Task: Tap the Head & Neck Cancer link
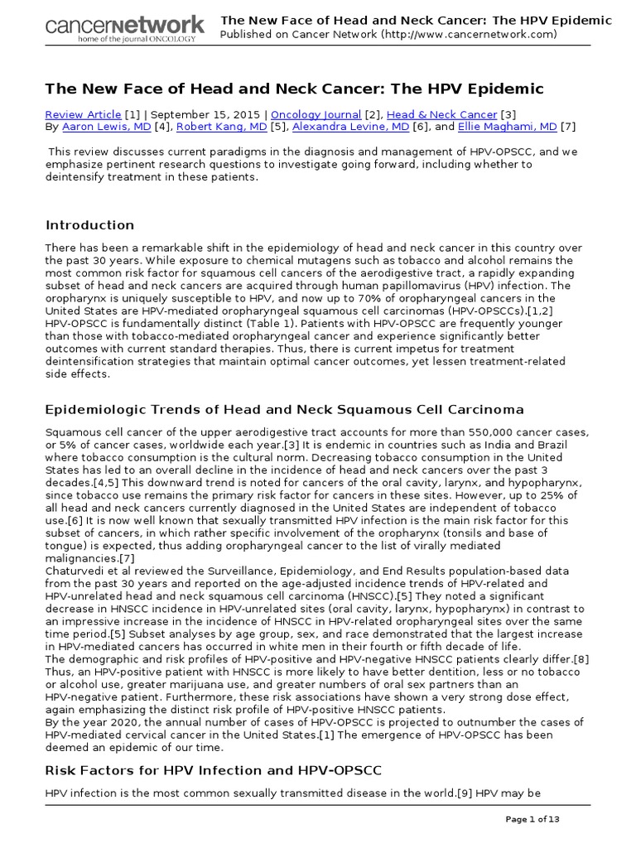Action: point(442,114)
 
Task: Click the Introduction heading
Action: point(89,225)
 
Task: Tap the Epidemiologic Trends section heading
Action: point(284,410)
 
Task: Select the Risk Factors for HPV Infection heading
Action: point(214,771)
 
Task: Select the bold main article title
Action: point(294,89)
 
